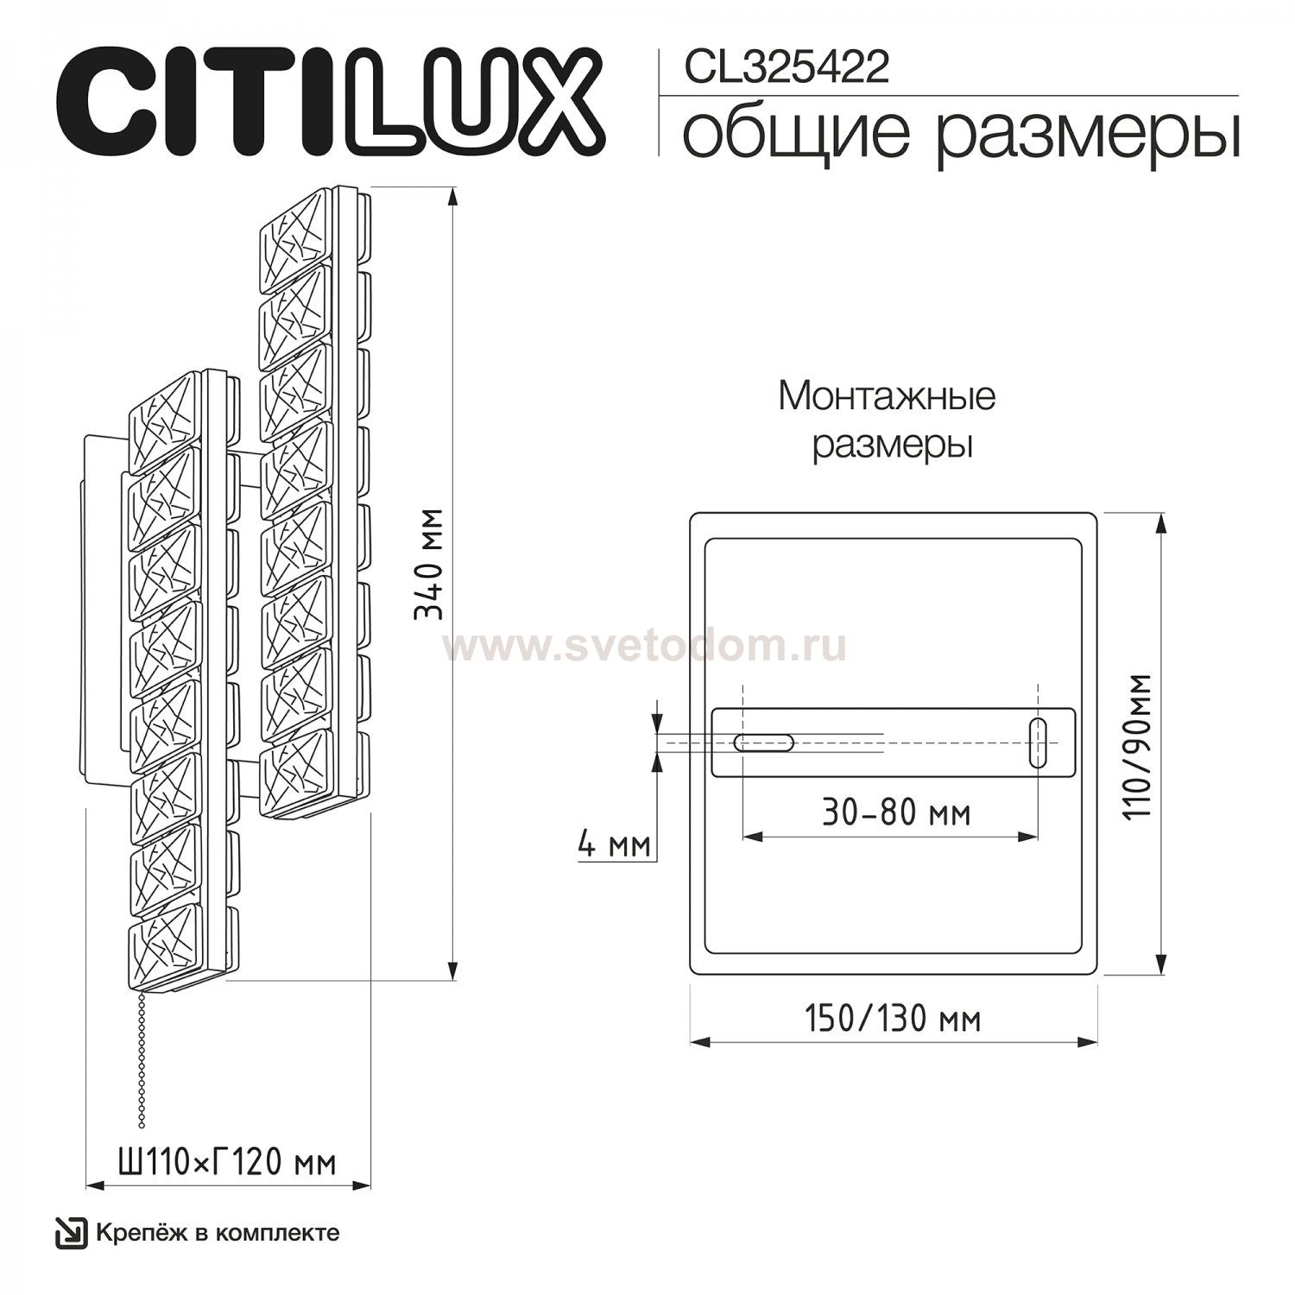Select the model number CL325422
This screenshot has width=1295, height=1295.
786,67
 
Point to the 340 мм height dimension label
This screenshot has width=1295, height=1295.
428,564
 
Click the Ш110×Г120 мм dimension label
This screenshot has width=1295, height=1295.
227,1163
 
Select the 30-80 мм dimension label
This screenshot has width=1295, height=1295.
896,812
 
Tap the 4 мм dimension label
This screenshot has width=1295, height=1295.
614,843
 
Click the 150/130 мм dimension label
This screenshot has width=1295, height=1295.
893,1019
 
